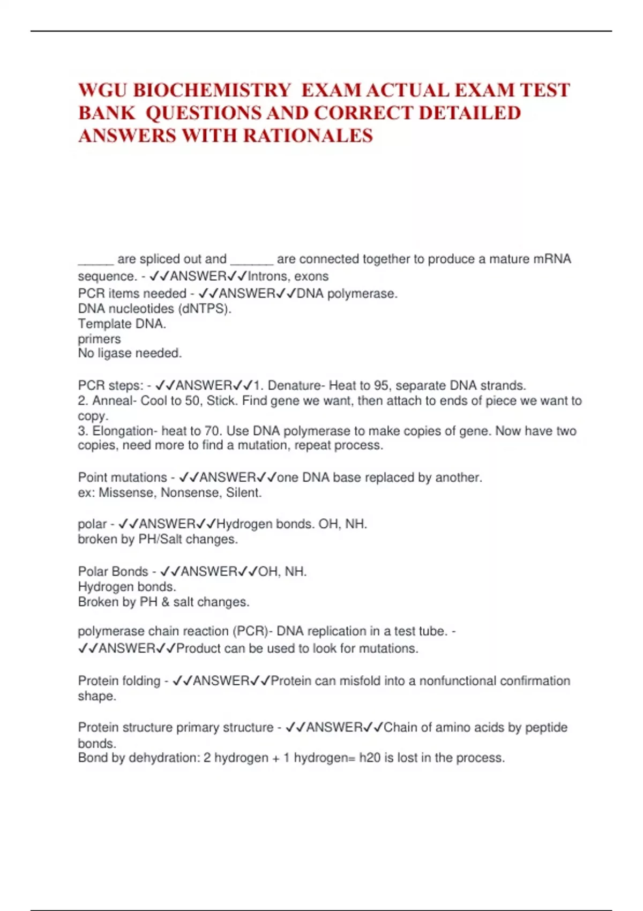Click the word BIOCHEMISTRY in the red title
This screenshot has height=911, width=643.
pyautogui.click(x=211, y=90)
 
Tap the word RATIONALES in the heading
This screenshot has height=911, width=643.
pyautogui.click(x=308, y=136)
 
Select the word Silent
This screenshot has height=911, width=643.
pyautogui.click(x=244, y=493)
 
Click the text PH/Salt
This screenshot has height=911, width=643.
pyautogui.click(x=160, y=540)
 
